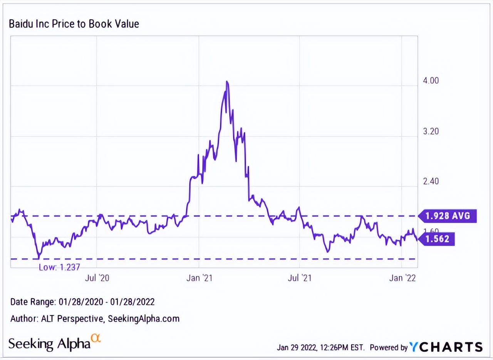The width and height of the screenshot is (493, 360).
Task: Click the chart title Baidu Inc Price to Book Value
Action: tap(74, 24)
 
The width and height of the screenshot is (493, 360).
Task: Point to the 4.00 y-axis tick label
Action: tap(431, 81)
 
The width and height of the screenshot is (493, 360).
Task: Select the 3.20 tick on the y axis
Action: tap(431, 131)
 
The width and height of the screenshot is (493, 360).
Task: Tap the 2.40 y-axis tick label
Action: tap(431, 182)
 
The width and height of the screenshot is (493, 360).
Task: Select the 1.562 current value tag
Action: tap(438, 239)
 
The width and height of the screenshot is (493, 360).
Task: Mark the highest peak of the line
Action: tap(227, 82)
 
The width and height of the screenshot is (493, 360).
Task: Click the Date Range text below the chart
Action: tap(82, 302)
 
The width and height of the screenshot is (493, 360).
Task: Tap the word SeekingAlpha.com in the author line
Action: tap(144, 319)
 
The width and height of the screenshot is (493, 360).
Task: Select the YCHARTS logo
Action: tap(446, 347)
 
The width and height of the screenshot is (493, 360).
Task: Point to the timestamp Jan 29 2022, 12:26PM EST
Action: tap(320, 347)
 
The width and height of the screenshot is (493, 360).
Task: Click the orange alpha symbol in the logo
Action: tap(96, 338)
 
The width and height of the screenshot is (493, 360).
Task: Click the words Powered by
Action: tap(388, 347)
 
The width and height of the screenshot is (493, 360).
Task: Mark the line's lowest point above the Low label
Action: tap(39, 258)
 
